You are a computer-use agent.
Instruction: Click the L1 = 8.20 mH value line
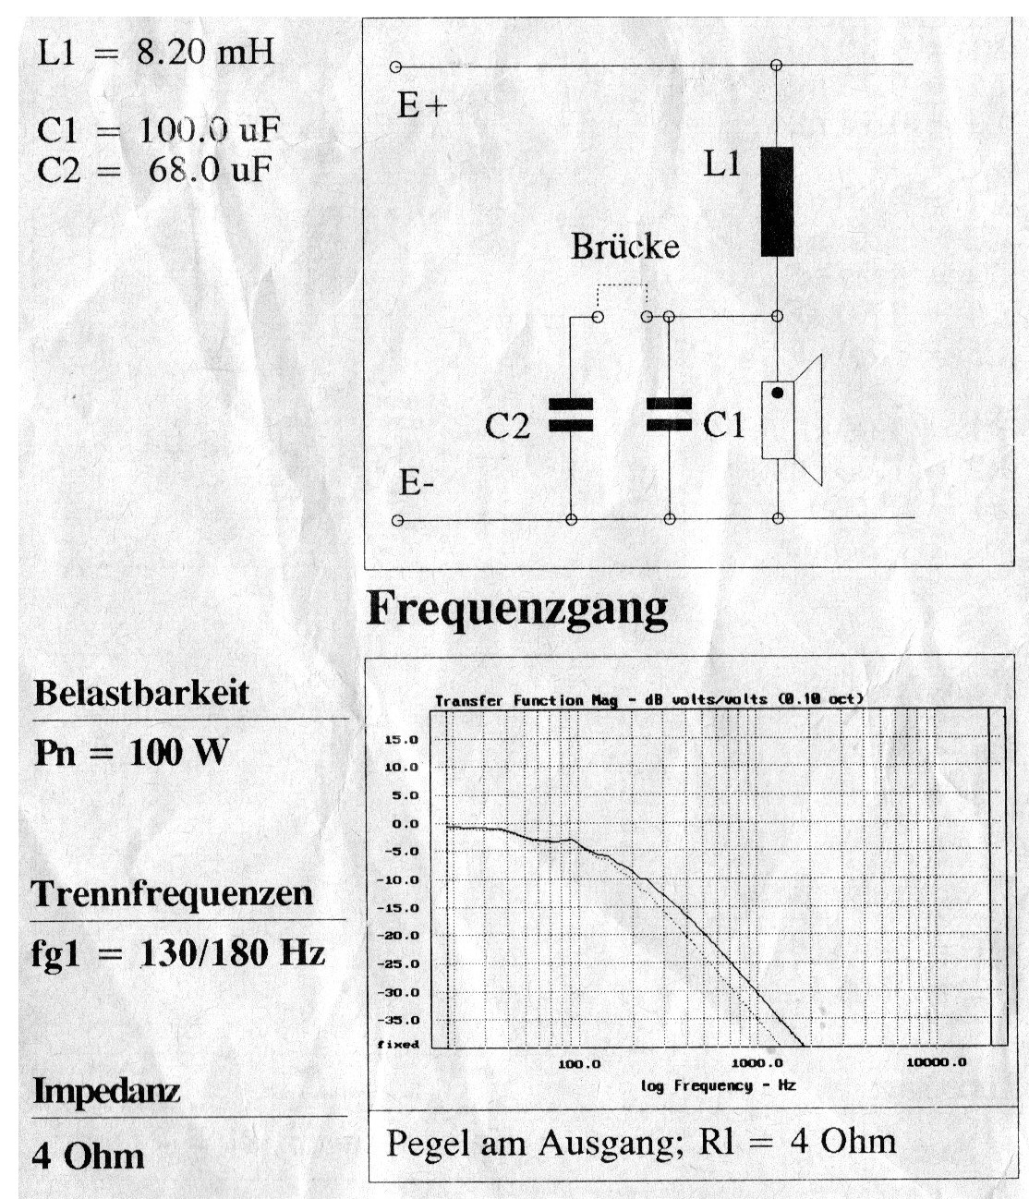pos(155,52)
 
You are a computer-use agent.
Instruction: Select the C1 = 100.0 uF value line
pos(158,131)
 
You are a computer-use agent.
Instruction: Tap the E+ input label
pos(421,106)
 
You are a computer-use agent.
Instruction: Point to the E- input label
pos(417,484)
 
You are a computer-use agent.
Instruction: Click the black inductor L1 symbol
pos(777,201)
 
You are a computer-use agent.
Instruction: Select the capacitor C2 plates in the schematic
pos(570,415)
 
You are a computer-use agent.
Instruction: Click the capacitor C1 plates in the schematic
pos(668,415)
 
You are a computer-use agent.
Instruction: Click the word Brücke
pos(624,247)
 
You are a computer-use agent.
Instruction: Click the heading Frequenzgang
pos(516,610)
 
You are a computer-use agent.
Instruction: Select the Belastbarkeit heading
pos(141,692)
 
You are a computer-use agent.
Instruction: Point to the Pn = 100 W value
pos(130,753)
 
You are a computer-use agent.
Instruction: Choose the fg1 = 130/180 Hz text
pos(177,952)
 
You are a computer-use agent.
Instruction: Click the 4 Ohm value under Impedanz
pos(88,1156)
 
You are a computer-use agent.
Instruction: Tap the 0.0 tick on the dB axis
pos(406,824)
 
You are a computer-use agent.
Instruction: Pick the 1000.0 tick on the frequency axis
pos(757,1063)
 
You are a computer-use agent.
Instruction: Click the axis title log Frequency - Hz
pos(718,1085)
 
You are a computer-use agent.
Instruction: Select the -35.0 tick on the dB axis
pos(402,1021)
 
